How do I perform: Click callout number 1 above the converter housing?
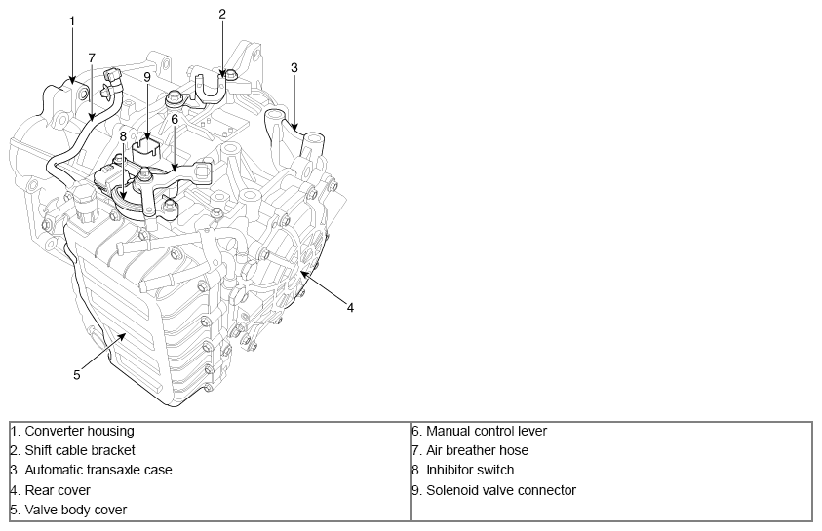(x=72, y=20)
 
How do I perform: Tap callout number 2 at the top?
(x=222, y=14)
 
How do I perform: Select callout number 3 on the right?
(x=294, y=67)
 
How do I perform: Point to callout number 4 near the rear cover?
(x=350, y=307)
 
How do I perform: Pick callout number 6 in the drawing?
(x=175, y=119)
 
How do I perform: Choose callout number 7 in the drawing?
(x=92, y=57)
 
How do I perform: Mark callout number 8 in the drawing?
(x=124, y=136)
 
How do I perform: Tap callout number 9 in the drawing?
(x=147, y=76)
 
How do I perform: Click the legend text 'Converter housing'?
(x=79, y=431)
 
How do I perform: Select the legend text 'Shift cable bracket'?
(x=79, y=450)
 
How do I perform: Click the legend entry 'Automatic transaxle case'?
(x=98, y=470)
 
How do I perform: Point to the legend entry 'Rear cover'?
(x=58, y=490)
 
